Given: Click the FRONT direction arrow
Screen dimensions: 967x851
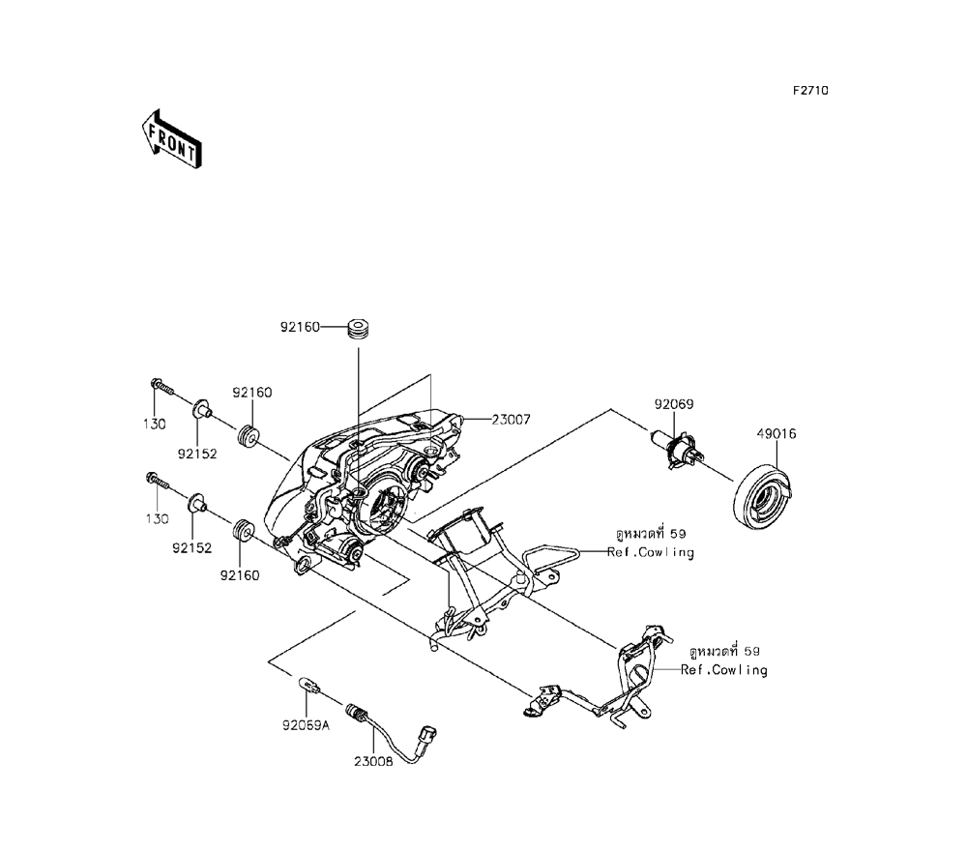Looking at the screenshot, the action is point(171,139).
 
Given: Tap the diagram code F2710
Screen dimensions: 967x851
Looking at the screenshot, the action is point(810,91).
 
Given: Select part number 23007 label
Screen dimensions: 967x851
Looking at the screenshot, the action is point(512,420).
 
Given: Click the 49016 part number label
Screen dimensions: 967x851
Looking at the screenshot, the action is point(777,433).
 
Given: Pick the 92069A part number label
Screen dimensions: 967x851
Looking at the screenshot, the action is point(306,726).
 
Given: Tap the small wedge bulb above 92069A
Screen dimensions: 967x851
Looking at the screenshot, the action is point(309,686).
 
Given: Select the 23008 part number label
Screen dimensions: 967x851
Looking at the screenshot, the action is point(373,762).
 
